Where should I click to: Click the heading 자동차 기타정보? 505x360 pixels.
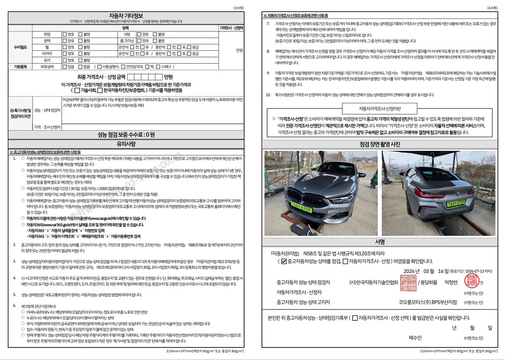(x=126, y=15)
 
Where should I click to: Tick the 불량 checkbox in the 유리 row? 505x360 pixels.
(x=82, y=60)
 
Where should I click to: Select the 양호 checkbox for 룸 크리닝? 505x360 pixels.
(x=139, y=41)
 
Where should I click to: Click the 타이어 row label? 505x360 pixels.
(x=47, y=54)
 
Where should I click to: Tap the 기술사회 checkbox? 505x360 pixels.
(x=76, y=90)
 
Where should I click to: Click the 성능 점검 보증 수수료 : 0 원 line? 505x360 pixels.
(x=126, y=135)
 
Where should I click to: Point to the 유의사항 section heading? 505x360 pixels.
(x=126, y=144)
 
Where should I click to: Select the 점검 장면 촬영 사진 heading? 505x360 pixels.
(x=380, y=144)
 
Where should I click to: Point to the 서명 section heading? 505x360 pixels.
(x=380, y=241)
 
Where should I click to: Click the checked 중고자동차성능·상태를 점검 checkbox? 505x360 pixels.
(x=284, y=262)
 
